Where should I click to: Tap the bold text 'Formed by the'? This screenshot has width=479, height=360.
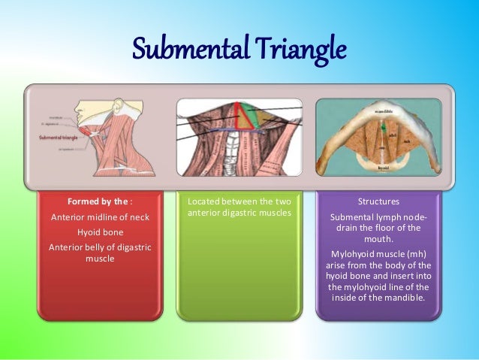94,202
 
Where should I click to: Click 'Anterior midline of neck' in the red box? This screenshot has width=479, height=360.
100,217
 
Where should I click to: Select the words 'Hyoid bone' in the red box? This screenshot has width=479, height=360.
100,232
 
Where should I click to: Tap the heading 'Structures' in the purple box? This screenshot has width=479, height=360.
378,202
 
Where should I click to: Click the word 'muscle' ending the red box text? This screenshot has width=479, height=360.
100,259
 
